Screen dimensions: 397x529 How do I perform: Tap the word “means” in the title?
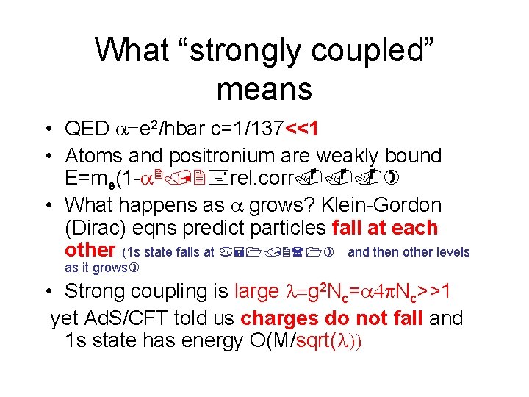[x=264, y=90]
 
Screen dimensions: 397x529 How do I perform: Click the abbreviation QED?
[x=87, y=129]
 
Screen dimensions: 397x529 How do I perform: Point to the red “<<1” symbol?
[x=301, y=129]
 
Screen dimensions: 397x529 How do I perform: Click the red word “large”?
[x=256, y=291]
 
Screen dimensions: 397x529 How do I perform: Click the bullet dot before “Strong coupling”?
[x=46, y=291]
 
